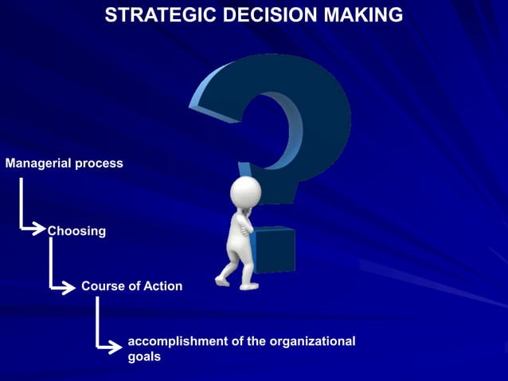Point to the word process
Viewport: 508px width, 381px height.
[99, 163]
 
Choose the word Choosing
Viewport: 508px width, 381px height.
[76, 231]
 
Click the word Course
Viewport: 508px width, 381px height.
[103, 286]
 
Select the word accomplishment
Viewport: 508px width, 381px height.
[177, 341]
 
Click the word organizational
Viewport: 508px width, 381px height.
[312, 341]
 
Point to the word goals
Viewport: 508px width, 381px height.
[144, 357]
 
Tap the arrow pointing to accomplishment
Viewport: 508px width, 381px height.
[112, 348]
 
